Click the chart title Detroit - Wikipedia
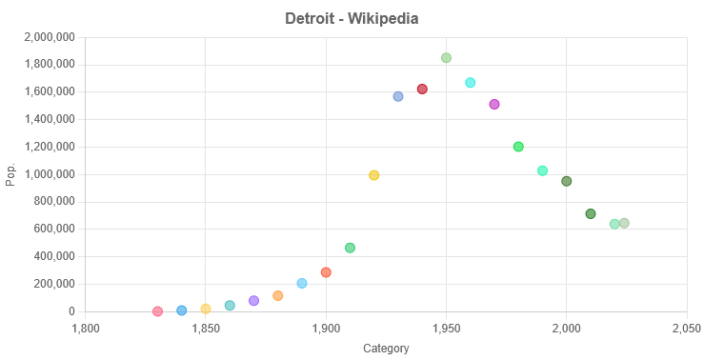tap(352, 19)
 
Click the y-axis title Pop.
tap(11, 174)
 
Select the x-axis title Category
tap(386, 349)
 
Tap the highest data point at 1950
tap(446, 58)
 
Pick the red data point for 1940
tap(422, 90)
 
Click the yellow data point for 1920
tap(373, 175)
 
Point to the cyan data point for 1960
tap(470, 83)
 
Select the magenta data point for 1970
tap(494, 105)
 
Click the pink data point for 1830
tap(157, 311)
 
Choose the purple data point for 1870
tap(253, 301)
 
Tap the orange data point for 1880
tap(277, 296)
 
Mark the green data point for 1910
tap(350, 248)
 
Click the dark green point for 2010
tap(591, 214)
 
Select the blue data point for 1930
tap(398, 96)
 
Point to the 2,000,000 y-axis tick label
tap(48, 38)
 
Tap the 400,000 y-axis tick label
tap(53, 257)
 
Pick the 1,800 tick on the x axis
tap(86, 329)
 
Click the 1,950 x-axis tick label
tap(446, 329)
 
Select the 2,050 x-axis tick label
tap(686, 329)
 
